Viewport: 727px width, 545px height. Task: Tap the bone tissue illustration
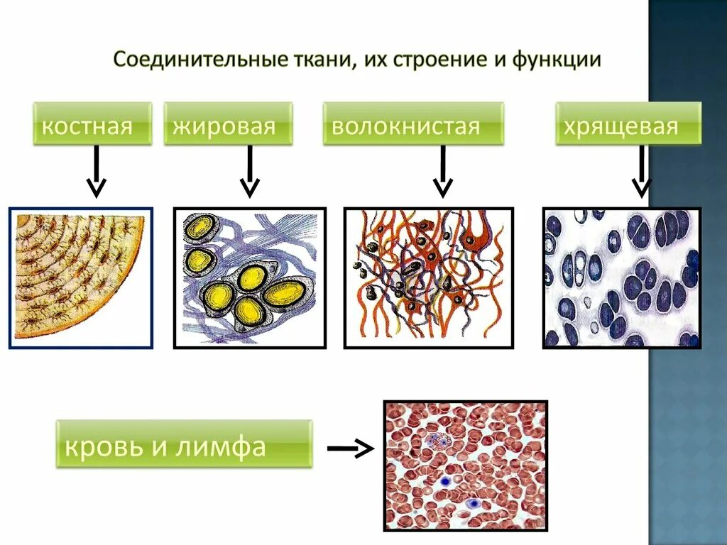click(x=80, y=277)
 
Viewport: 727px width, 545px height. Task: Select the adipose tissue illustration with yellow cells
click(x=250, y=277)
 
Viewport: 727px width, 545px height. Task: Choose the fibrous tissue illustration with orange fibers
click(x=428, y=277)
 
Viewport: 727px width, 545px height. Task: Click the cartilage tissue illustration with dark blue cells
click(x=622, y=277)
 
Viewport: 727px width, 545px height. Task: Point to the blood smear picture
click(x=466, y=466)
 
